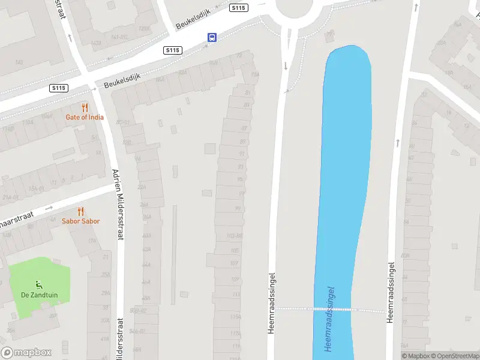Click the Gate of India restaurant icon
[x=85, y=108]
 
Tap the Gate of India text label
[x=85, y=117]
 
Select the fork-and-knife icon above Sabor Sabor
[x=81, y=212]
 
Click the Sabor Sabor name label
[x=81, y=221]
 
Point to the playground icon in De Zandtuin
[x=40, y=284]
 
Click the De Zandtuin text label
[x=38, y=295]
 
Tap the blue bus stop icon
[x=212, y=37]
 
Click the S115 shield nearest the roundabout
[x=238, y=8]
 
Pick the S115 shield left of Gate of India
[x=59, y=88]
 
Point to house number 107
[x=235, y=264]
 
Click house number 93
[x=241, y=167]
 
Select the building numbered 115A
[x=235, y=317]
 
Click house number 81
[x=247, y=93]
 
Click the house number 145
[x=19, y=62]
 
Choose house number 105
[x=235, y=250]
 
